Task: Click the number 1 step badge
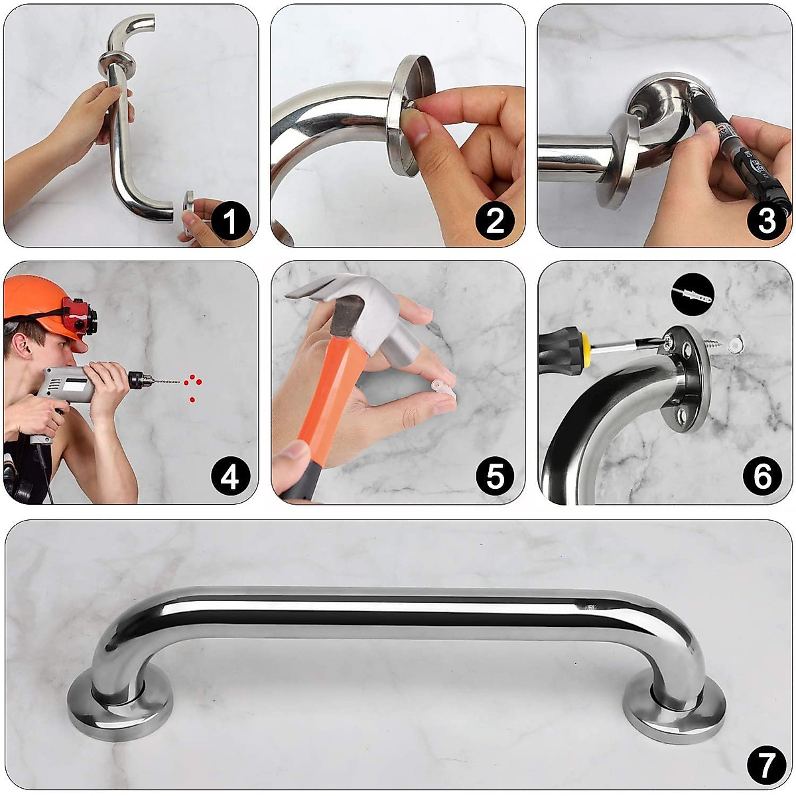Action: [x=230, y=222]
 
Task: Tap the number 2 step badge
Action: [x=495, y=222]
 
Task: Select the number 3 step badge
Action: [x=766, y=222]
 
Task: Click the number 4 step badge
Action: [x=230, y=477]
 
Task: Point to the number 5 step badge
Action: [x=495, y=477]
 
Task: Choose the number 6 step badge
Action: [x=763, y=477]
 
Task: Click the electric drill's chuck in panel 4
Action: [x=139, y=380]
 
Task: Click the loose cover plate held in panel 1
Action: [x=189, y=212]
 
